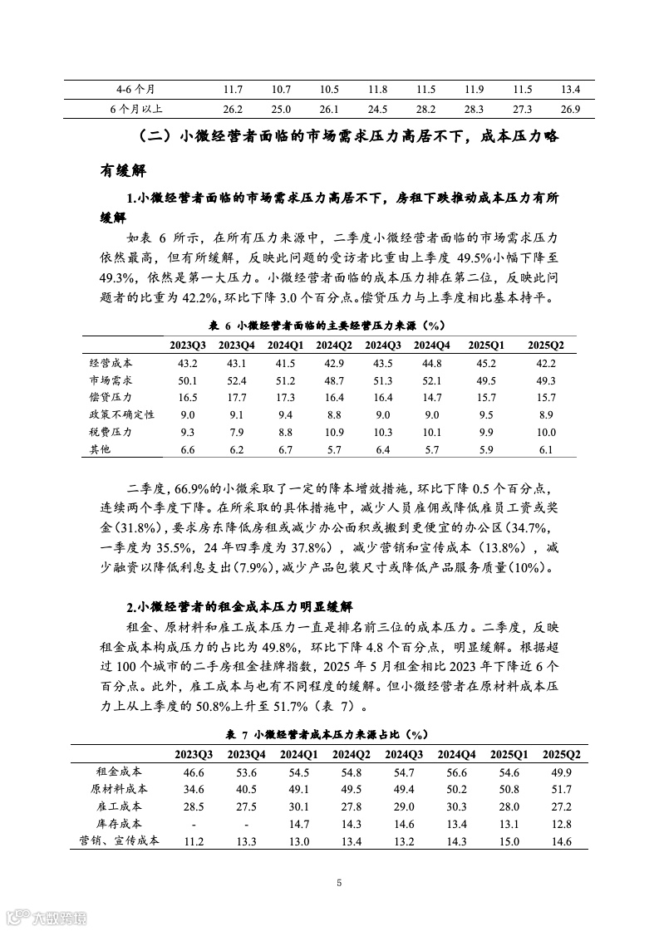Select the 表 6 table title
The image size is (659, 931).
tap(328, 325)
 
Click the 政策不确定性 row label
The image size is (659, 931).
tap(122, 414)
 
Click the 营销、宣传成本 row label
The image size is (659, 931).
tap(119, 840)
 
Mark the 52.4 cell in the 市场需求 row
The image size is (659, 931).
tap(236, 380)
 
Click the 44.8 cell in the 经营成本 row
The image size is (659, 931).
tap(431, 363)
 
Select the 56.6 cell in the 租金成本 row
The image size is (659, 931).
tap(455, 772)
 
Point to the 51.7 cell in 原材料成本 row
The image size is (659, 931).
tap(561, 789)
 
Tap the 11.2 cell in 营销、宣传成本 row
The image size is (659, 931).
tap(194, 840)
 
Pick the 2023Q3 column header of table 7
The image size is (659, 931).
tap(194, 754)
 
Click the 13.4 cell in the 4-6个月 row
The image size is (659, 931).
tap(570, 89)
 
